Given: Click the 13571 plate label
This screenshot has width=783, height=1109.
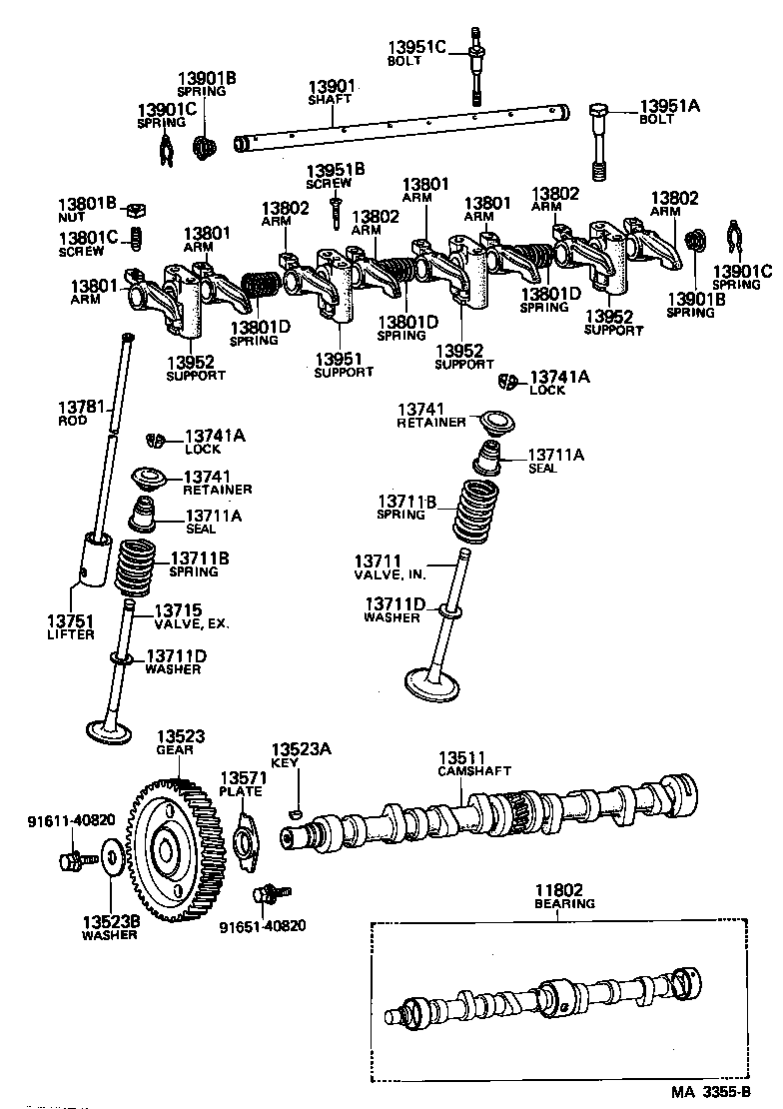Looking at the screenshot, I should (241, 784).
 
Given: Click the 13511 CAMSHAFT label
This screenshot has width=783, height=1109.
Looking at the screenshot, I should (474, 764).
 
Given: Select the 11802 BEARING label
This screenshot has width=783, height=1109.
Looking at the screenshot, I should (564, 896).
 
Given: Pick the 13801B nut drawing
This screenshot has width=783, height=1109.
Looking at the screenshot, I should (136, 209).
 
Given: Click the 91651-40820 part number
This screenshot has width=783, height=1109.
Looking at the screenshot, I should (263, 925).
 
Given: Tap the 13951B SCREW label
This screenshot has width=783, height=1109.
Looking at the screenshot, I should (336, 177).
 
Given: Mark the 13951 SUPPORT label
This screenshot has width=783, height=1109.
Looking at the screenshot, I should (344, 365).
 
